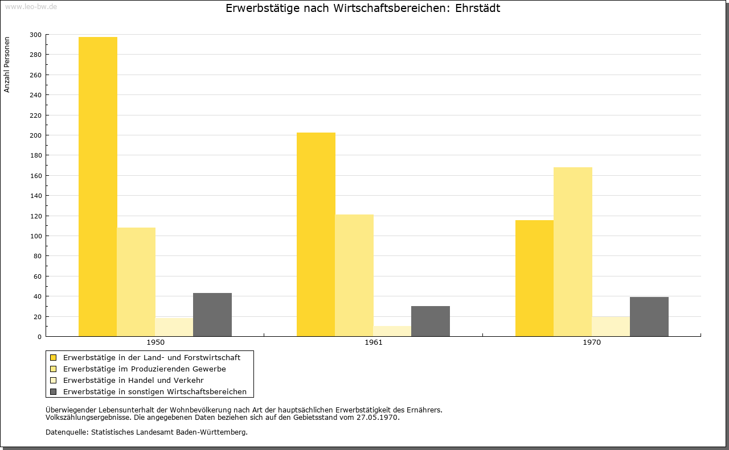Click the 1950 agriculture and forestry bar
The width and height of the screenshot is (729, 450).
97,187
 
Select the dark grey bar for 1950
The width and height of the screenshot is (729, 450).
212,315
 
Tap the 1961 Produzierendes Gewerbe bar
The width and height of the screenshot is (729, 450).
354,275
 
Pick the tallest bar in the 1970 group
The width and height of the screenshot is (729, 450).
573,252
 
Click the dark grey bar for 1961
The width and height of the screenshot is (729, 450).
431,321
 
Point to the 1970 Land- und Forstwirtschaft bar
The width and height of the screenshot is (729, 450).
534,278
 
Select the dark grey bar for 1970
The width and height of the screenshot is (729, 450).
649,317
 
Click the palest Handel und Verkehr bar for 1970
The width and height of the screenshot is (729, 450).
611,327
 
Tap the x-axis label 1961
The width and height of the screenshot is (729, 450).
374,342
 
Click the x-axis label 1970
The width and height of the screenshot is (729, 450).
592,342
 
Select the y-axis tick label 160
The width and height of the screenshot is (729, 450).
35,176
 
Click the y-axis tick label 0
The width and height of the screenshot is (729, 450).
39,337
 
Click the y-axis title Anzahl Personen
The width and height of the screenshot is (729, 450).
7,65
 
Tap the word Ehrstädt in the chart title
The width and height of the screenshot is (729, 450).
477,8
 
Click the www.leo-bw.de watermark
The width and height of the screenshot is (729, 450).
31,7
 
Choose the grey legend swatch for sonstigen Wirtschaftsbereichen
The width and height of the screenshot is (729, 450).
53,392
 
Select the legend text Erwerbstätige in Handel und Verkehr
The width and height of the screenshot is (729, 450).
133,381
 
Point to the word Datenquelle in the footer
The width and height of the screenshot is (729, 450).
66,432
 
